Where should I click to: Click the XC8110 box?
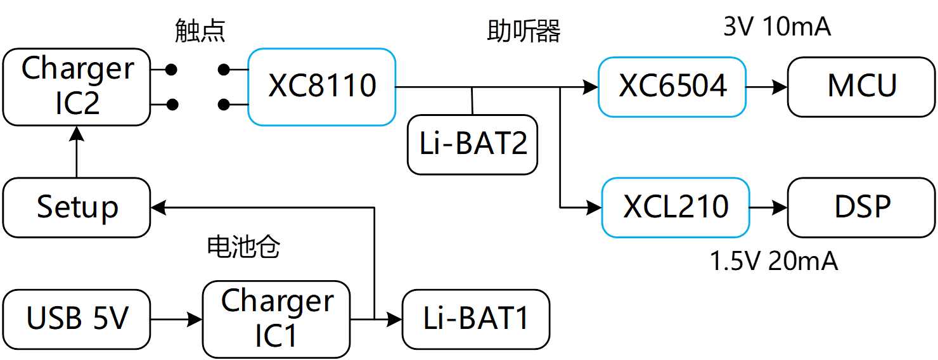(x=322, y=87)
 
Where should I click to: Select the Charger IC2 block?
(x=77, y=87)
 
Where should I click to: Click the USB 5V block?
(x=77, y=319)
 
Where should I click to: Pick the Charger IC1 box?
(x=276, y=319)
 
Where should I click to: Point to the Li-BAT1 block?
(x=476, y=319)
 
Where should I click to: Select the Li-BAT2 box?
(x=473, y=145)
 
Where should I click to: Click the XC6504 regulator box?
(x=672, y=87)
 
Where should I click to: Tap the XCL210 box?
(x=676, y=207)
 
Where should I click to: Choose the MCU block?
(x=862, y=87)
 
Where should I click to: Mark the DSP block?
(x=862, y=207)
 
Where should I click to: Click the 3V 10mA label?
(x=777, y=27)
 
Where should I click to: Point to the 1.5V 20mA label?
(x=774, y=261)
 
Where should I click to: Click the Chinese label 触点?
(x=200, y=31)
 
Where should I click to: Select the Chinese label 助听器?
(x=524, y=31)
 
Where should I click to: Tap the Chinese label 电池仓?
(x=244, y=247)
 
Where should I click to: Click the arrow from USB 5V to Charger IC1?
(x=177, y=319)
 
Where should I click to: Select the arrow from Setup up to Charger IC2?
(x=77, y=151)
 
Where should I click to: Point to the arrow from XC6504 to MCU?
(x=767, y=87)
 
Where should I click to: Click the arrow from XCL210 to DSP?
(x=769, y=207)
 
